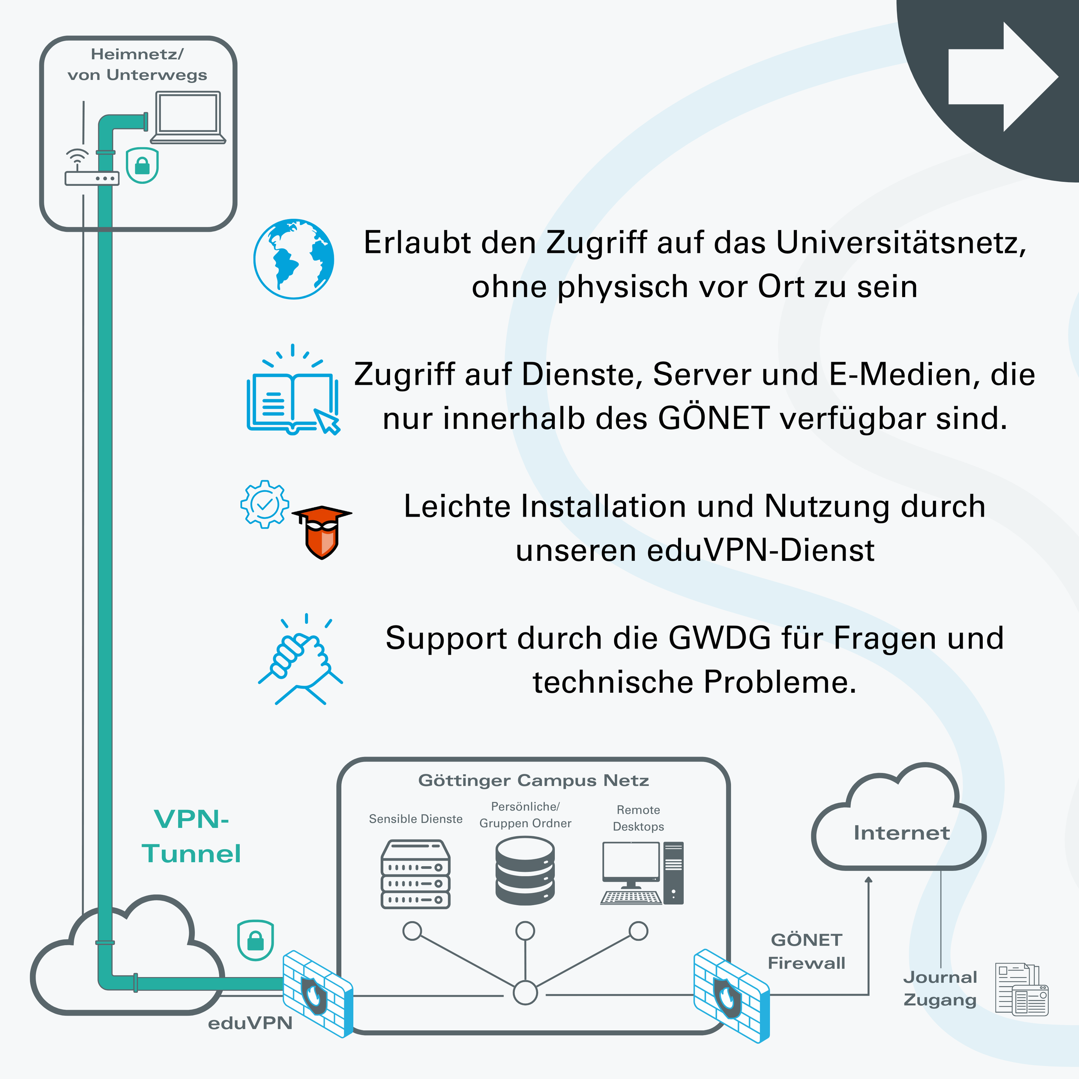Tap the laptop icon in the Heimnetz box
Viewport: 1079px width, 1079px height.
(x=188, y=117)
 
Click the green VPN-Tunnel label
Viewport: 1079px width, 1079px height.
(x=191, y=836)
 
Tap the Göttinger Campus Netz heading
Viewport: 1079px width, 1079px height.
(x=534, y=780)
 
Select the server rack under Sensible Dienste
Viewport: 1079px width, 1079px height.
(x=415, y=874)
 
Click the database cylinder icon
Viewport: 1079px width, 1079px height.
(x=525, y=871)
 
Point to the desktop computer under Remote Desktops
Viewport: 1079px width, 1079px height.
(x=642, y=873)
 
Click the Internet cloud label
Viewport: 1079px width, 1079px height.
(x=901, y=833)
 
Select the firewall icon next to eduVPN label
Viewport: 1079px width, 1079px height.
(x=318, y=994)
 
